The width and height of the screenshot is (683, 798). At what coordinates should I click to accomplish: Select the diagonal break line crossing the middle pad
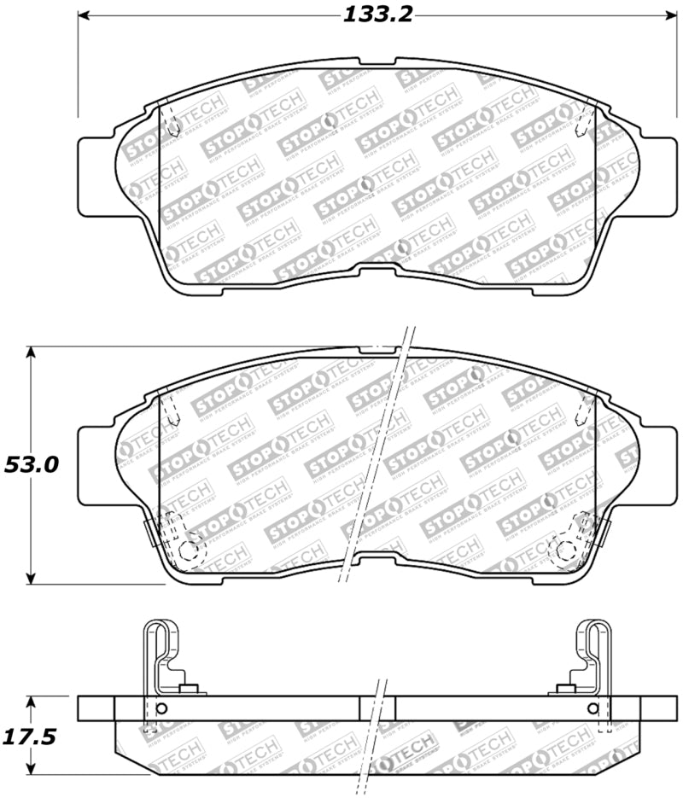[x=376, y=452]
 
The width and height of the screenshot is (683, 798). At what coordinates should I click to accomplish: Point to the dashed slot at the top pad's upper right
[x=587, y=119]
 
